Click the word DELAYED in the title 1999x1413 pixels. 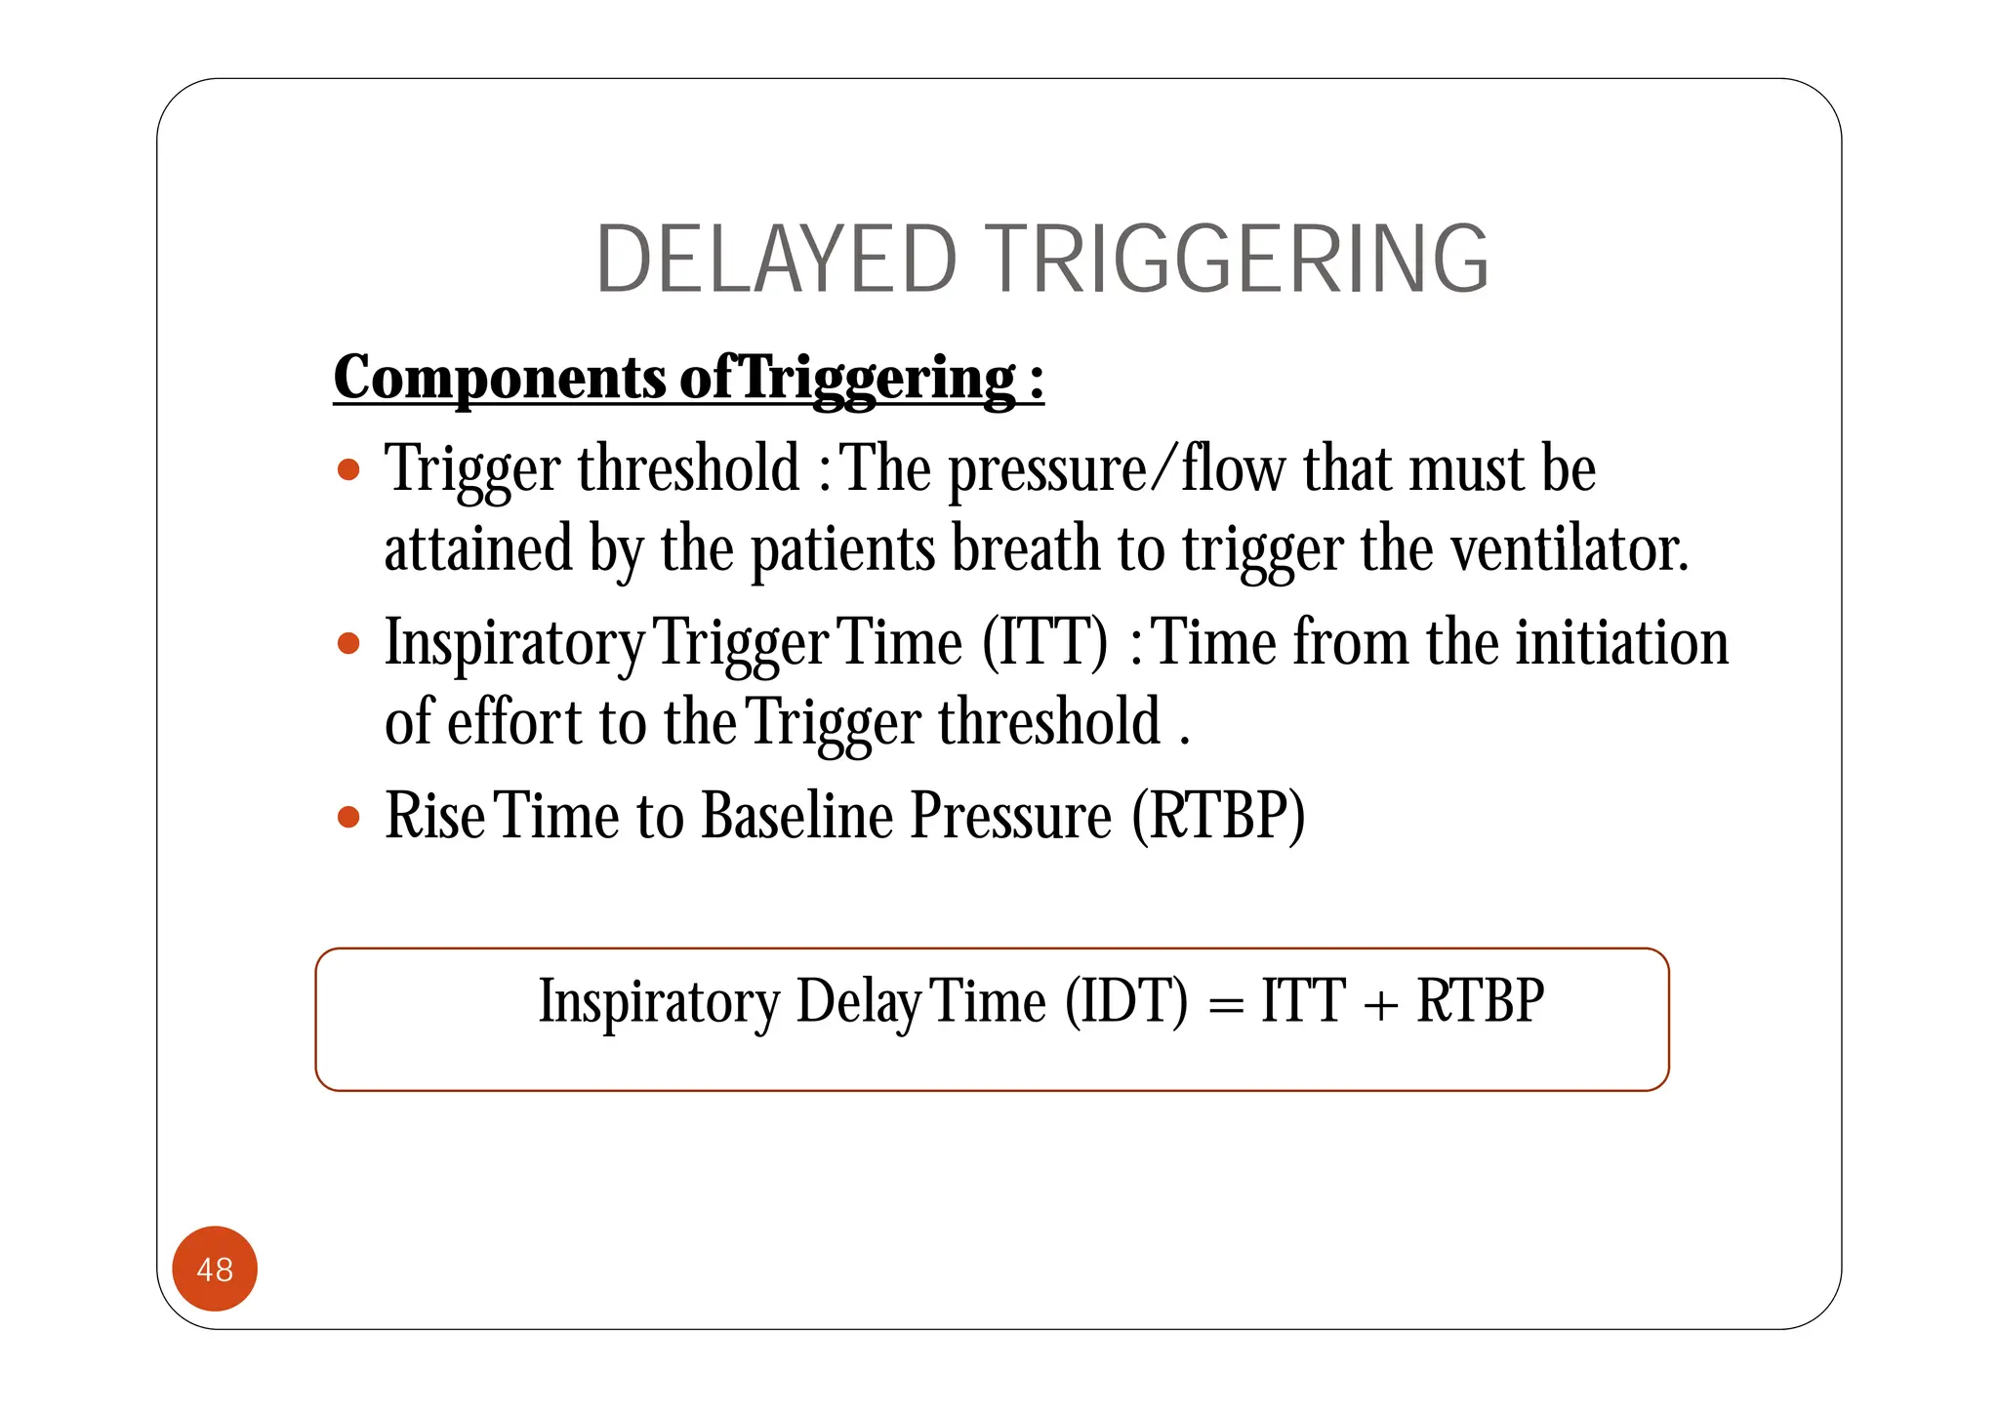pos(776,259)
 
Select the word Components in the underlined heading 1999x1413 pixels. pos(500,379)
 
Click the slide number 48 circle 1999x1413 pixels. pos(215,1269)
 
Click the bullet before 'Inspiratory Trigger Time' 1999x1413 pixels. pos(348,644)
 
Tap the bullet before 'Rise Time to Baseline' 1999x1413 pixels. pos(348,816)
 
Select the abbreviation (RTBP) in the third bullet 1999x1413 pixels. pos(1218,816)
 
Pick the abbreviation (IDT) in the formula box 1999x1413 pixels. pos(1126,1001)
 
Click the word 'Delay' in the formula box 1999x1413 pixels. pos(858,1003)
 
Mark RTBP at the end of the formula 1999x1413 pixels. pos(1480,1001)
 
